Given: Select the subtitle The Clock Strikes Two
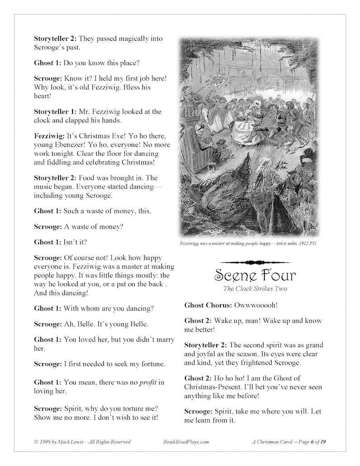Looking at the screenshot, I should (255, 289).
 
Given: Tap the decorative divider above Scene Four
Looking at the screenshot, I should (255, 262).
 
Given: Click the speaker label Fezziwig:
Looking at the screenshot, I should (49, 136).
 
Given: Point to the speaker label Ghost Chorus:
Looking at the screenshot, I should (208, 305).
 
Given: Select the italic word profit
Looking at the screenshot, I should (148, 382).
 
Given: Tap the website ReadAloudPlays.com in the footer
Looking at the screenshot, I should (185, 442).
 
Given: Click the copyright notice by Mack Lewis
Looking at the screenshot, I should (82, 442).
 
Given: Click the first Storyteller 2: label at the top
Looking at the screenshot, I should (52, 39).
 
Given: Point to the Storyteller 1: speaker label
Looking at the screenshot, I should (52, 112).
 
